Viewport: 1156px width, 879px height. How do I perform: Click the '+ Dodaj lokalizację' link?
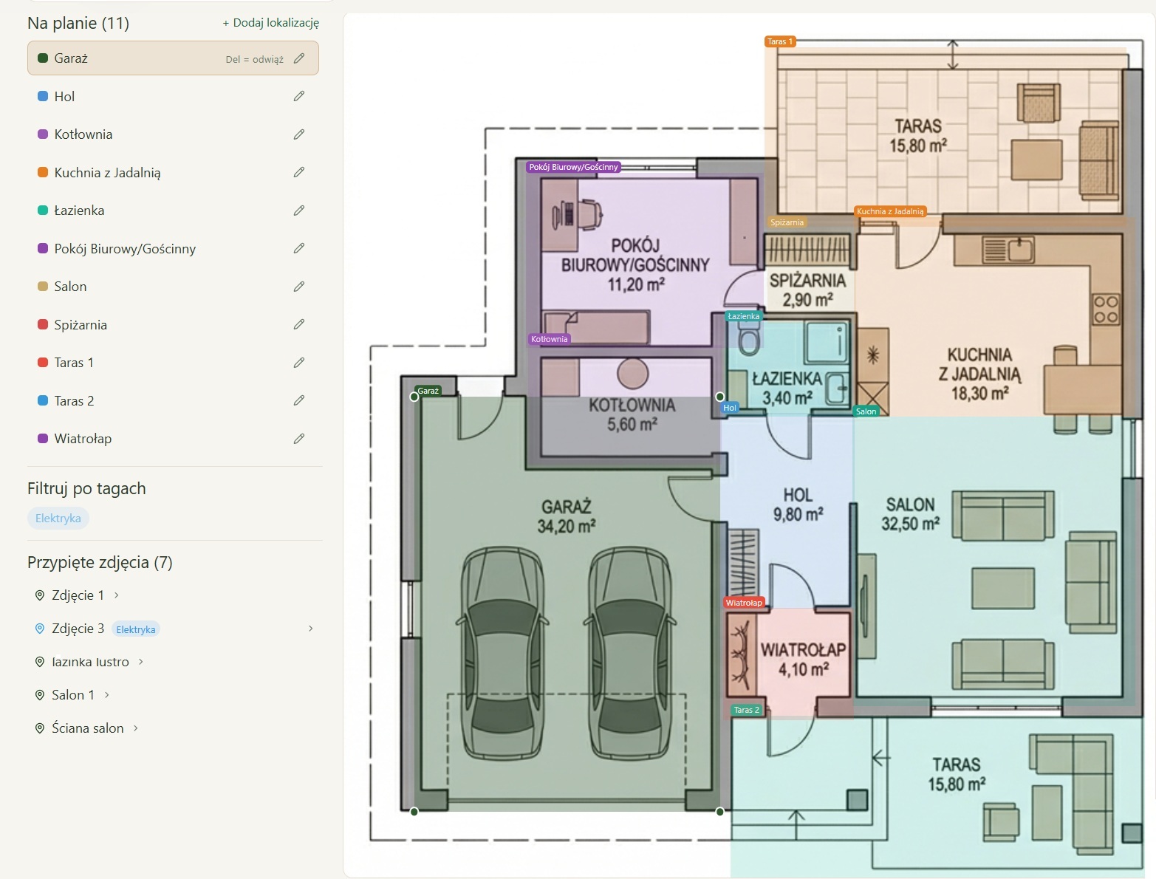click(270, 23)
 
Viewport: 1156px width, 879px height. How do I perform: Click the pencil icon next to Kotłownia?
click(298, 134)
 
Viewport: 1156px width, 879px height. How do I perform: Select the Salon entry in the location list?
click(70, 287)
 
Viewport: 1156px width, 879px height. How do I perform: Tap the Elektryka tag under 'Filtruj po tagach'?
click(58, 519)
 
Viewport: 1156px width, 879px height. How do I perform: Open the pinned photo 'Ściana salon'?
click(87, 728)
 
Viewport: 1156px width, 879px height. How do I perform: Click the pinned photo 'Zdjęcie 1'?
click(78, 595)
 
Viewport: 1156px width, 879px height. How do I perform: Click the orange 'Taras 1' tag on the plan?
click(780, 41)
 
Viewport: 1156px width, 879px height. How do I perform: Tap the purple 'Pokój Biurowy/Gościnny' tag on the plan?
click(573, 167)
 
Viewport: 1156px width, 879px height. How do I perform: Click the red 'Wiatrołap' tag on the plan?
click(744, 603)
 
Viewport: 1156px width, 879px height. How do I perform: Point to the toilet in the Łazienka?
click(749, 337)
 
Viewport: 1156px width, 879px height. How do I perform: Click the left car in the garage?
click(502, 653)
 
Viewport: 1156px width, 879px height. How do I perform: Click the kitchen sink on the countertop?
click(1008, 249)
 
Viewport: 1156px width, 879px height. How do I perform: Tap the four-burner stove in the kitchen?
click(1106, 309)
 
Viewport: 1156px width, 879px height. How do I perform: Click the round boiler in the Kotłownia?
click(632, 374)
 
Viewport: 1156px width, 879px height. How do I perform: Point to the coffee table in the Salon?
click(1003, 588)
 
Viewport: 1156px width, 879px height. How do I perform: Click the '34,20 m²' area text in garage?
click(566, 526)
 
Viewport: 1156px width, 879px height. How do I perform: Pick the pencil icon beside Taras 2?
click(298, 401)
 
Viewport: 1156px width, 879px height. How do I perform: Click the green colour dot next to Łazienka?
click(43, 211)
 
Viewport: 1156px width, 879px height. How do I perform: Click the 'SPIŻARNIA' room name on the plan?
click(807, 281)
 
